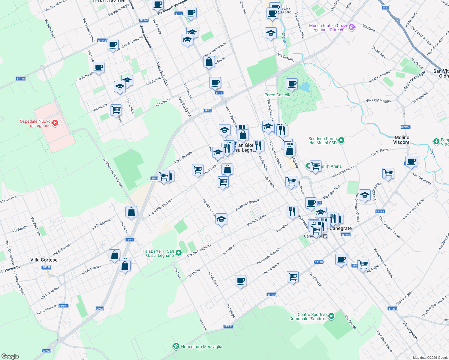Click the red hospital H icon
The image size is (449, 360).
point(55,123)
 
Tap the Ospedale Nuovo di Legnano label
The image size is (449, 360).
point(35,123)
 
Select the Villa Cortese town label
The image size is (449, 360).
point(44,260)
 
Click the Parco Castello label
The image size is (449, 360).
point(278,95)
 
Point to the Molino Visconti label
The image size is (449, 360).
point(402,140)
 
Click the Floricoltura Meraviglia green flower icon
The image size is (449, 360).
point(176,346)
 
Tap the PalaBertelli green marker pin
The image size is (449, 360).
point(179,253)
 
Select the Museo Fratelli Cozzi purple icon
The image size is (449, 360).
point(352,28)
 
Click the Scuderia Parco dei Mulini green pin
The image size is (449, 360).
point(341,140)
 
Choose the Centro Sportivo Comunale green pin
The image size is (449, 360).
point(331,316)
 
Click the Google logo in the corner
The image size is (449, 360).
point(10,356)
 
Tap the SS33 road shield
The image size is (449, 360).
point(385,7)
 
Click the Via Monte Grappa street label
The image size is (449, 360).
point(247,205)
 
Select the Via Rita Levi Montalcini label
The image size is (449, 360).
point(113,172)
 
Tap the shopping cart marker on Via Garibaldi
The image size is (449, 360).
point(293,276)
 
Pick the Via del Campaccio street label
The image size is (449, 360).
point(200,250)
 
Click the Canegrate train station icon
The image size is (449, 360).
point(325,236)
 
